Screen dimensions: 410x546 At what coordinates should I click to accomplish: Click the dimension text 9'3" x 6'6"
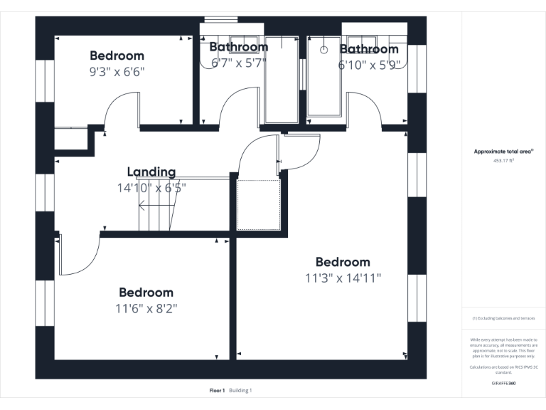[x=117, y=72]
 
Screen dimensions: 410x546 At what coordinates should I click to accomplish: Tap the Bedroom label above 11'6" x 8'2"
[x=146, y=292]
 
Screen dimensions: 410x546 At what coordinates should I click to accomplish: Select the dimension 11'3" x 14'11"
[x=343, y=278]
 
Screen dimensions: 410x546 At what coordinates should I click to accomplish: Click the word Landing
[x=151, y=172]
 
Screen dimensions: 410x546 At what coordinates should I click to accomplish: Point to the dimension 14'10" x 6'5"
[x=151, y=188]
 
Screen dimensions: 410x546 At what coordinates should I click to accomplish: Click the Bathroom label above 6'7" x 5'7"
[x=238, y=47]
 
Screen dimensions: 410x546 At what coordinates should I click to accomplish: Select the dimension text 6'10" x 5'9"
[x=369, y=65]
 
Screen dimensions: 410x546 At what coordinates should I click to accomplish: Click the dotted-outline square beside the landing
[x=259, y=204]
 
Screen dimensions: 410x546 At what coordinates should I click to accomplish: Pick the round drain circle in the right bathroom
[x=323, y=50]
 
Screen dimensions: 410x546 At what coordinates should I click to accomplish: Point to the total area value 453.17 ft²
[x=503, y=161]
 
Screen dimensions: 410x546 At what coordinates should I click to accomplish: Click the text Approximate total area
[x=503, y=152]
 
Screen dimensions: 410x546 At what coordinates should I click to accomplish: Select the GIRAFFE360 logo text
[x=503, y=383]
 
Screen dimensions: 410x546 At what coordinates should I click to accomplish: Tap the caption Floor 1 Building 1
[x=230, y=390]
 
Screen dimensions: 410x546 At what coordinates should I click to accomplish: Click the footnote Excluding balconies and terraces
[x=503, y=318]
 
